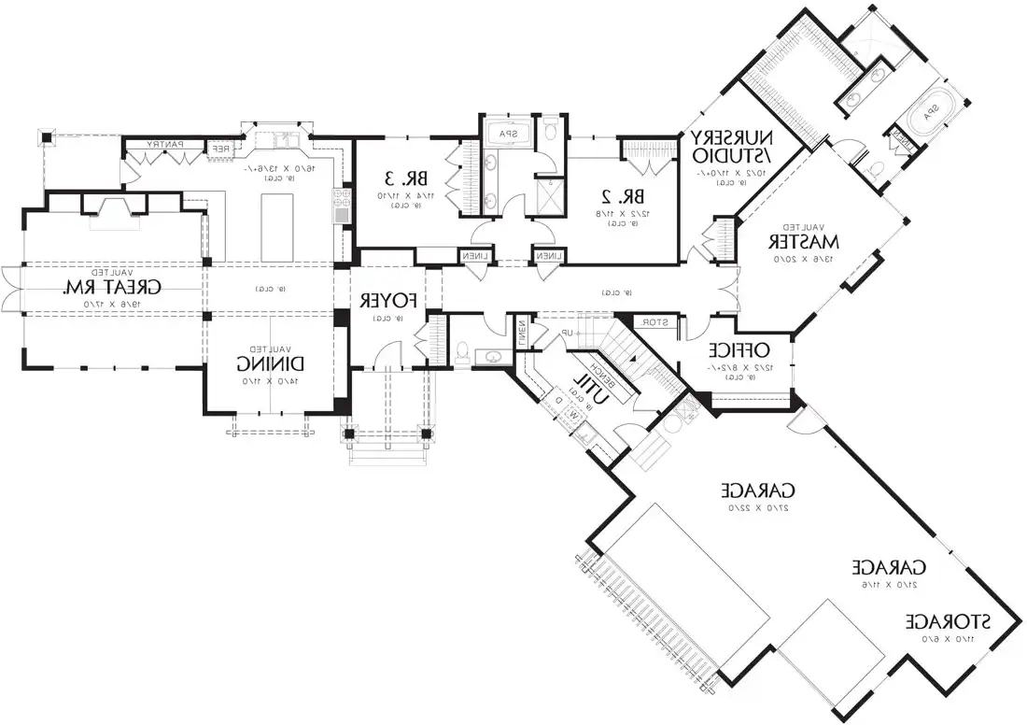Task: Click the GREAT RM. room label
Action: [x=112, y=288]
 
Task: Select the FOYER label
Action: [x=387, y=301]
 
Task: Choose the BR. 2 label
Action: [x=618, y=196]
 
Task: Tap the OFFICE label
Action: [x=739, y=350]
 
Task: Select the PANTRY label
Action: [x=166, y=145]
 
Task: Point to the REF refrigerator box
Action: [x=221, y=148]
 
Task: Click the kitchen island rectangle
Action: [x=277, y=227]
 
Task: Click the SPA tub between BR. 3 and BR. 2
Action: [x=507, y=133]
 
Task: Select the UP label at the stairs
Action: [x=566, y=334]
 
